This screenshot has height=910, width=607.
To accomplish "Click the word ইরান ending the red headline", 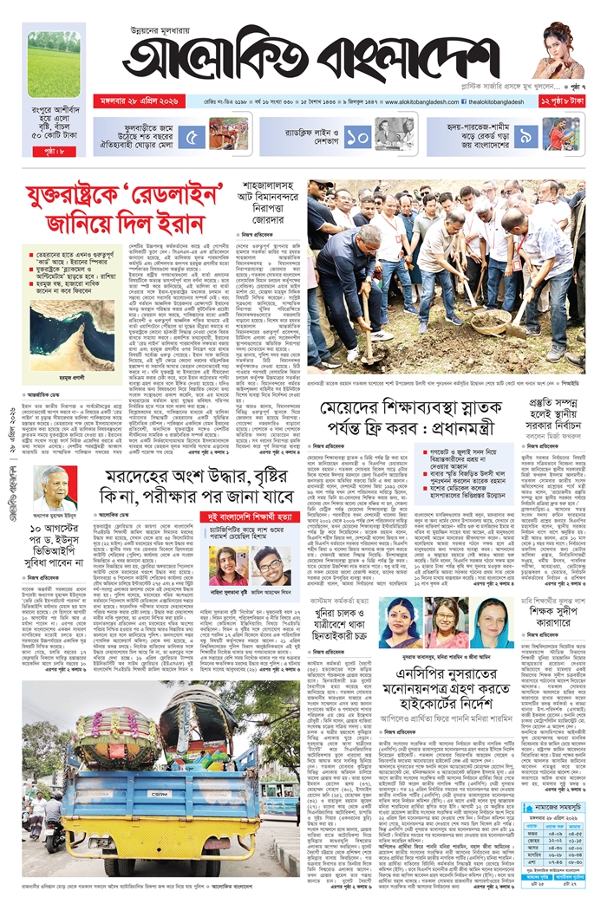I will (186, 224).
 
